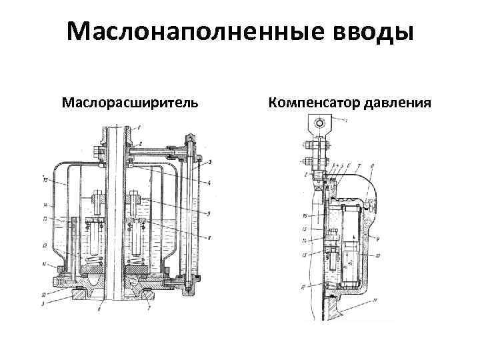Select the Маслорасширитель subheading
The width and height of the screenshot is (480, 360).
tap(129, 104)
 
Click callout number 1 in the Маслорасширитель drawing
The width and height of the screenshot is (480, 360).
tap(139, 127)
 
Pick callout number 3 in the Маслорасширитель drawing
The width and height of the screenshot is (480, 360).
tap(210, 162)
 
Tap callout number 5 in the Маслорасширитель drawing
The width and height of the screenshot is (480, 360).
tap(210, 213)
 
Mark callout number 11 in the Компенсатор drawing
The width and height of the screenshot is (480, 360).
tap(375, 301)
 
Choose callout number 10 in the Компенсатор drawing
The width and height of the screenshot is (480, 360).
tap(377, 255)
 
